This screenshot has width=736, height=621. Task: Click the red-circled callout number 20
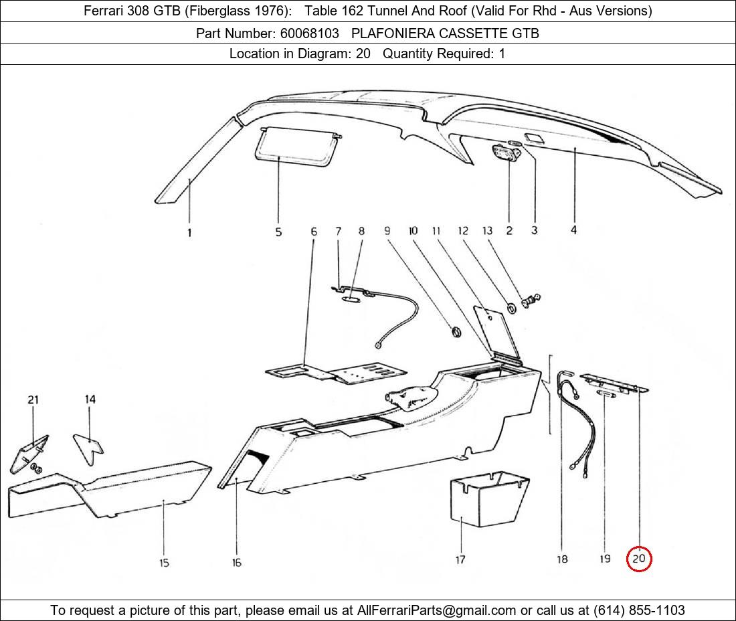639,559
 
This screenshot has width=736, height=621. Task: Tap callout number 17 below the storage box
460,559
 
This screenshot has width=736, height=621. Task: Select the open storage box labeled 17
486,501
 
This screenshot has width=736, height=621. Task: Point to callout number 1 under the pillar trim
189,233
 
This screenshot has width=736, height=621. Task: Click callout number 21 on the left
33,400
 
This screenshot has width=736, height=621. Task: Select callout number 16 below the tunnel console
236,563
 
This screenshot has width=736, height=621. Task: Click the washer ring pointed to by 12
511,307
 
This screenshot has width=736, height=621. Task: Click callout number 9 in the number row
387,231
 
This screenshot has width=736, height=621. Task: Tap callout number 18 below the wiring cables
562,559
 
